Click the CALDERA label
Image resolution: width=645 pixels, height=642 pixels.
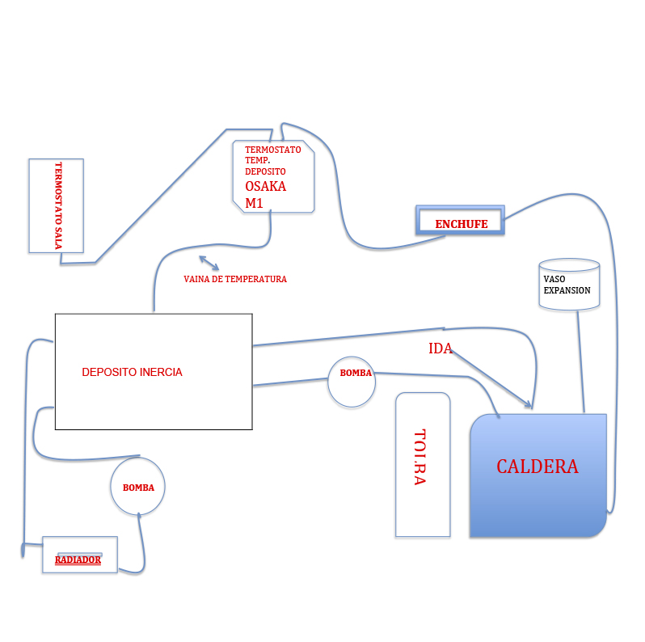[x=537, y=467]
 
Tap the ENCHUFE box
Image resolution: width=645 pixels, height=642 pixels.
[x=460, y=220]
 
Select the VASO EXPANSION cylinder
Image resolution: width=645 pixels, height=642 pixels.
[x=569, y=284]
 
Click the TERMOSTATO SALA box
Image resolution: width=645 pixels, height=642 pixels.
[x=57, y=205]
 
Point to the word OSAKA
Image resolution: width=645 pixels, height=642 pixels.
[x=265, y=186]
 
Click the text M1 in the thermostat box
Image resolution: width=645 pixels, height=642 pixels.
[x=254, y=203]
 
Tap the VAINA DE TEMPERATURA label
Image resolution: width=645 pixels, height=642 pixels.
[x=235, y=279]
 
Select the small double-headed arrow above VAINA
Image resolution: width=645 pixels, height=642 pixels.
[x=209, y=263]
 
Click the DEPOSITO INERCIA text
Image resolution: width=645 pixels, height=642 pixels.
[x=132, y=372]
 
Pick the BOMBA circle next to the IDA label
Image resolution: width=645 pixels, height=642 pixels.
[x=352, y=382]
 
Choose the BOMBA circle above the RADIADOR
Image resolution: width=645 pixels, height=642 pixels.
[x=137, y=487]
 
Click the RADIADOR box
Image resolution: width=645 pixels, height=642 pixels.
[x=80, y=555]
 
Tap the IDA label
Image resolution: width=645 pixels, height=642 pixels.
[x=441, y=348]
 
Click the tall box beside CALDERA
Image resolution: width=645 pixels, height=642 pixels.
[x=423, y=465]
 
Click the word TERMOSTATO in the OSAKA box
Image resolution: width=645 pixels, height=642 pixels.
[x=272, y=150]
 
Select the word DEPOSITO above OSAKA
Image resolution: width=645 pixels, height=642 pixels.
[x=265, y=171]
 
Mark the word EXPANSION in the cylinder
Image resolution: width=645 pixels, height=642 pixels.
[x=567, y=290]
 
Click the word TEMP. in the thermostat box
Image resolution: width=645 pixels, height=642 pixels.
[x=258, y=160]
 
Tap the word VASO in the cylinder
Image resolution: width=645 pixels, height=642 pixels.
[x=554, y=279]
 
